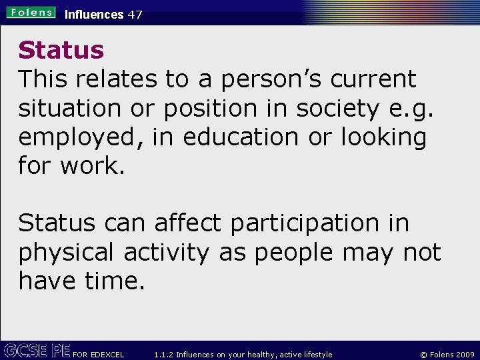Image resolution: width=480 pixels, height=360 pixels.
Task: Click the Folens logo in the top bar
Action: click(x=31, y=12)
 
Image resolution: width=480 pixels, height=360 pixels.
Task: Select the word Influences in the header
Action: click(x=94, y=14)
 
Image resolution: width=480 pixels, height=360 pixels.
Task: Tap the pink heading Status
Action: click(x=61, y=50)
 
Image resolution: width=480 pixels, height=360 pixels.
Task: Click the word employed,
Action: click(x=81, y=137)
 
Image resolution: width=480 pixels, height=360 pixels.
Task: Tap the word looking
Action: click(x=383, y=137)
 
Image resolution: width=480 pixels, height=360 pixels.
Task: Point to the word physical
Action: click(x=67, y=253)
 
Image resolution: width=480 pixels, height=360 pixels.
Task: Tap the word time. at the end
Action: click(x=115, y=281)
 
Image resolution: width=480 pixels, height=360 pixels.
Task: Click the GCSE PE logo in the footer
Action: click(x=36, y=351)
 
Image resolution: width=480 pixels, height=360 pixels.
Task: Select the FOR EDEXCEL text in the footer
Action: click(x=98, y=355)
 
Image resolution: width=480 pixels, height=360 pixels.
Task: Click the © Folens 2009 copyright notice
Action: click(x=447, y=355)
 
